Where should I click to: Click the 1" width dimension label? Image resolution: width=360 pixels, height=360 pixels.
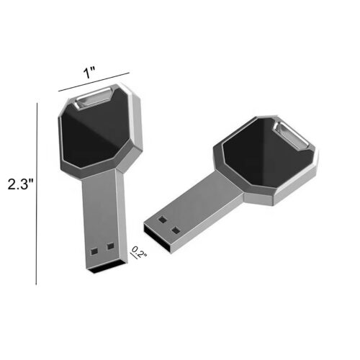(89, 72)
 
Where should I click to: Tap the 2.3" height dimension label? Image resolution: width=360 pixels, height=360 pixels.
(22, 184)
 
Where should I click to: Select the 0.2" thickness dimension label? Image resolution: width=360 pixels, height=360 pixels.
(139, 252)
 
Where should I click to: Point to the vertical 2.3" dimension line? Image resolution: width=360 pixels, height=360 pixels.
(37, 194)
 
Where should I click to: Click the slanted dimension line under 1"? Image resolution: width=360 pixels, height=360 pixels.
(94, 81)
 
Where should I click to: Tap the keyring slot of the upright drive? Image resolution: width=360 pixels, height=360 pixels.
(93, 98)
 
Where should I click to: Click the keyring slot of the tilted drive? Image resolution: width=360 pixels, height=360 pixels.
(292, 136)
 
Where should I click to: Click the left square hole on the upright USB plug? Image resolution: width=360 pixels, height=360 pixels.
(94, 251)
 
